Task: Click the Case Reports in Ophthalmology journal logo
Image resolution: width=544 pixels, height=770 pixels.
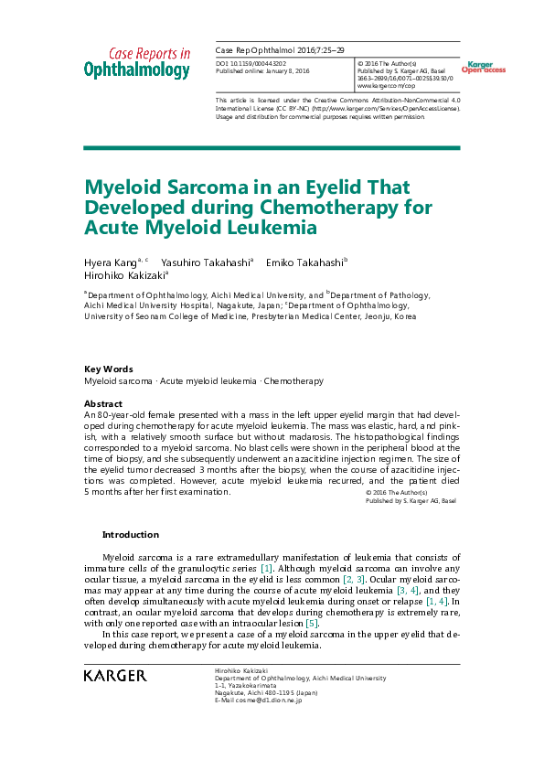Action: tap(137, 62)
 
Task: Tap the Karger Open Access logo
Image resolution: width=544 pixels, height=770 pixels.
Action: tap(483, 67)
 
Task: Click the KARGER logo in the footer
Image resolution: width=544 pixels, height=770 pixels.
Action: tap(114, 676)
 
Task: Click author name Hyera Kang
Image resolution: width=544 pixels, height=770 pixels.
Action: tap(108, 262)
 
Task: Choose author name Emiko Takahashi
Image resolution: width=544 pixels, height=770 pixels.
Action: tap(304, 262)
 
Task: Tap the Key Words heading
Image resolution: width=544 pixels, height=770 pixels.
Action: tap(108, 369)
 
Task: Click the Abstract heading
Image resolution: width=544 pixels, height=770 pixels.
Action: tap(103, 403)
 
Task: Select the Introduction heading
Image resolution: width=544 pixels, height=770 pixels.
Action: tap(130, 535)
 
